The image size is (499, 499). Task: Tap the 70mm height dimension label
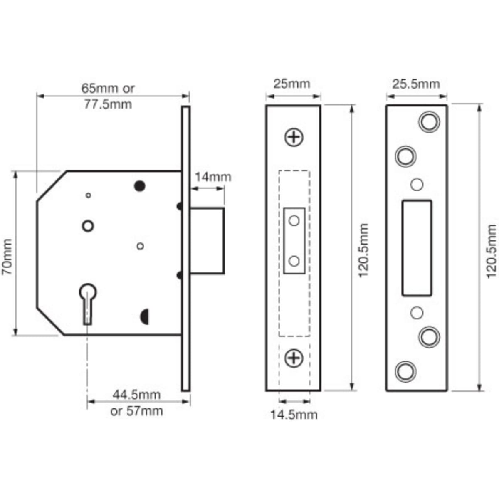coord(7,257)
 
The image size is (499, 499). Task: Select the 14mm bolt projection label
coord(213,177)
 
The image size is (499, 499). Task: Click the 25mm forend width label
coord(292,84)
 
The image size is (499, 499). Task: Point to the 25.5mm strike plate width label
coord(416,84)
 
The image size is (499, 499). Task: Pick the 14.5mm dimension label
coord(294,415)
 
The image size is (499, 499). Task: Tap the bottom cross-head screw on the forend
coord(294,358)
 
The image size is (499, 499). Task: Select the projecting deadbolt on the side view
coord(207,241)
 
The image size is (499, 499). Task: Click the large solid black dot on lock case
coord(140,186)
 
